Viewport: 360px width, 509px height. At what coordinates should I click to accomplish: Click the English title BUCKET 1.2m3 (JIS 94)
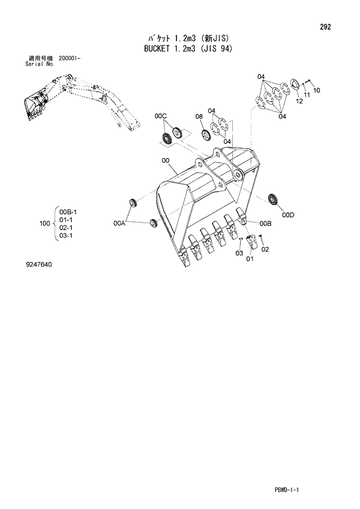pos(188,49)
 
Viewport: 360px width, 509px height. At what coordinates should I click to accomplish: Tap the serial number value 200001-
pos(73,59)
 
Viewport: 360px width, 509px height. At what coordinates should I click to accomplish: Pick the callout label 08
pos(199,117)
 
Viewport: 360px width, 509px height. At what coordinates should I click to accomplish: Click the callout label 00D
pos(288,215)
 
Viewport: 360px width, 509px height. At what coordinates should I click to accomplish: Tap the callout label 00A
pos(120,223)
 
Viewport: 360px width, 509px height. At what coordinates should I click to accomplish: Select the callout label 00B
pos(266,223)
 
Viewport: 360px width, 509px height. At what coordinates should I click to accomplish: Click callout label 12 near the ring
pos(300,101)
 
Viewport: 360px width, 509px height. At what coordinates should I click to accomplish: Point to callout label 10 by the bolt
pos(316,90)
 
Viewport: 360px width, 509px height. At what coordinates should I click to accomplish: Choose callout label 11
pos(307,95)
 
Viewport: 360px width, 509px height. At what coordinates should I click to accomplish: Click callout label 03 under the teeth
pos(239,253)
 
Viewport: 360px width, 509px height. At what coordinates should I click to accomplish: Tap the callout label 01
pos(250,259)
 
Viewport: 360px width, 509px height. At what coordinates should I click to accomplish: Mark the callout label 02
pos(265,250)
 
